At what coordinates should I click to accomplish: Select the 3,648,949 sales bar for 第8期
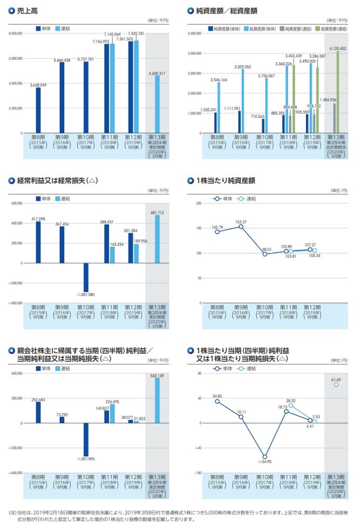click(x=38, y=110)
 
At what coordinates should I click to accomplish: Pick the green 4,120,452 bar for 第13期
click(x=338, y=91)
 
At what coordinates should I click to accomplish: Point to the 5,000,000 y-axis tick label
click(x=193, y=34)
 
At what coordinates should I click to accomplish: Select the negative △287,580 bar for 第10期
click(x=86, y=277)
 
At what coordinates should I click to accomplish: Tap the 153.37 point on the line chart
click(x=241, y=227)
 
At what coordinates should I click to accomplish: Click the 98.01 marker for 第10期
click(x=265, y=254)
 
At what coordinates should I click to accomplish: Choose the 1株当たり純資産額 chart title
click(x=226, y=181)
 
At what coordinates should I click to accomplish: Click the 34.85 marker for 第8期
click(x=217, y=401)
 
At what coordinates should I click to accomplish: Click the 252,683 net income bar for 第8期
click(x=38, y=412)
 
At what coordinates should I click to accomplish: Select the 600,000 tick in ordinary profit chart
click(x=17, y=203)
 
